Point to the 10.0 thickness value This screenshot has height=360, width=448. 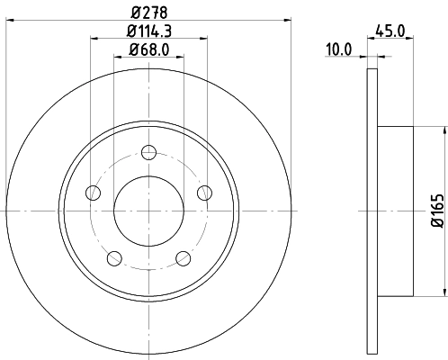click(x=339, y=50)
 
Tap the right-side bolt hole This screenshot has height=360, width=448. click(x=204, y=191)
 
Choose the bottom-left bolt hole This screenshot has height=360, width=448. click(x=113, y=258)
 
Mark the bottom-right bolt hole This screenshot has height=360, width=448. click(x=184, y=258)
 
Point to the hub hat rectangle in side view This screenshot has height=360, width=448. click(x=396, y=211)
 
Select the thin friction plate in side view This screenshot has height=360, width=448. click(x=372, y=211)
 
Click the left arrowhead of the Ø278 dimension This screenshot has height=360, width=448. click(x=8, y=17)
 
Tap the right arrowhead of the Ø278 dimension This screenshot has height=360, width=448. click(x=289, y=17)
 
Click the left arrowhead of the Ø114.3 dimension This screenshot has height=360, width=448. click(x=94, y=37)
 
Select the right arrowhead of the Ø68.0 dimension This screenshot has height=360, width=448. click(x=180, y=57)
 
